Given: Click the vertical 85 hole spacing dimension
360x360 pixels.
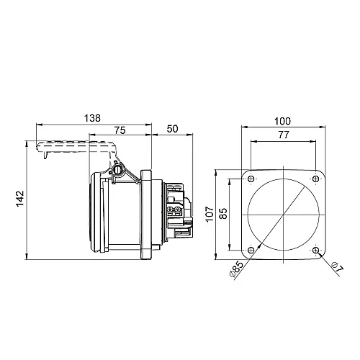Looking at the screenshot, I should [223, 215].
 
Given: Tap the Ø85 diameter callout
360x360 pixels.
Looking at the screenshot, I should [238, 270].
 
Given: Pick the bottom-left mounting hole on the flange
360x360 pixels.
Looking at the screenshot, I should [250, 250].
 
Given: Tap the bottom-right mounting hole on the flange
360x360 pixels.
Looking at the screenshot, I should [318, 250].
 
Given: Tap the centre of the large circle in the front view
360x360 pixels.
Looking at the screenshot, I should [284, 215].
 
